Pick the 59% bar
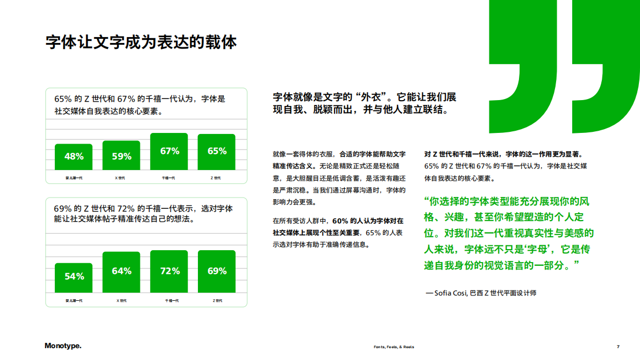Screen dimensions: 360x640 (x=122, y=156)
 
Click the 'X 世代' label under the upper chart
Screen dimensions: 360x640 (x=121, y=178)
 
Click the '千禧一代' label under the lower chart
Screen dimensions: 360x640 (x=169, y=300)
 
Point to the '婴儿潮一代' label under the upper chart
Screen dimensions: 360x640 (x=74, y=178)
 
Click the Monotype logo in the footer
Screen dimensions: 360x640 (x=63, y=346)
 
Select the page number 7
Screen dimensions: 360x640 (x=618, y=347)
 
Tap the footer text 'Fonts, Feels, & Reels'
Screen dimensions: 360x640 (x=394, y=347)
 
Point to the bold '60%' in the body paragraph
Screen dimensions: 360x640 (x=340, y=221)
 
